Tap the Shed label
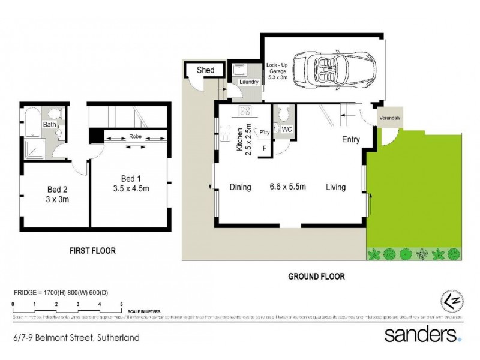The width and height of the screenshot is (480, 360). tap(206, 70)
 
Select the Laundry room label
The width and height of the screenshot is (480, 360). tap(248, 82)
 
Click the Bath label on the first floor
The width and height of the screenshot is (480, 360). tap(49, 124)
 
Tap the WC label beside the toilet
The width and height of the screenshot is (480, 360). tap(287, 129)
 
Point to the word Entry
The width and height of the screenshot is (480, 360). tap(351, 140)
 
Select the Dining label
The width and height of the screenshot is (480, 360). tap(240, 187)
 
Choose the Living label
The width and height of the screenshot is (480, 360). tap(336, 187)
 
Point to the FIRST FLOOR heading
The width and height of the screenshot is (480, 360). tap(92, 251)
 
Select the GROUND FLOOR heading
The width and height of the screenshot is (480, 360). tap(316, 277)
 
